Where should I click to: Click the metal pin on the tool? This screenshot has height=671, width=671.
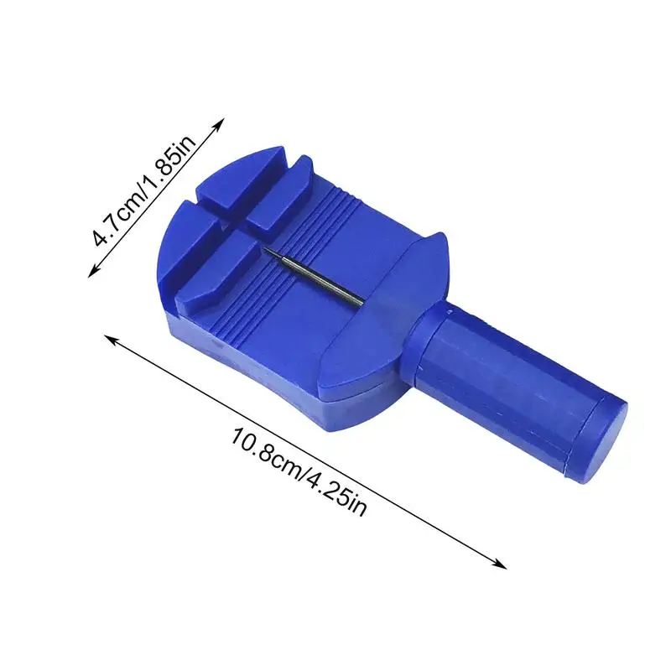[x=314, y=277]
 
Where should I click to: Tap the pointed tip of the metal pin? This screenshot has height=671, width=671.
[x=263, y=248]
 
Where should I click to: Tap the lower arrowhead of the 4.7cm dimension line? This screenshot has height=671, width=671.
[x=94, y=271]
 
